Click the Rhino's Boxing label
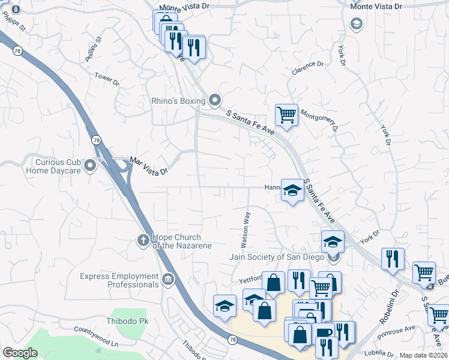click(178, 101)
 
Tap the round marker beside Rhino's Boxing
click(214, 100)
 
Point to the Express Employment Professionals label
click(119, 280)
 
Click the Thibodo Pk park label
click(127, 321)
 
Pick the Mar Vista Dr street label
click(148, 166)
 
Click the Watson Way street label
click(245, 229)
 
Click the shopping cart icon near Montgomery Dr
click(286, 114)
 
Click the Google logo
click(20, 353)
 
